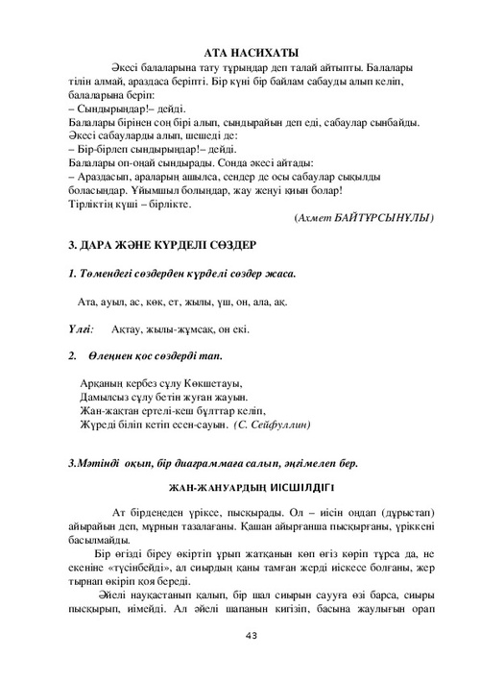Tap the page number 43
coord(252,635)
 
